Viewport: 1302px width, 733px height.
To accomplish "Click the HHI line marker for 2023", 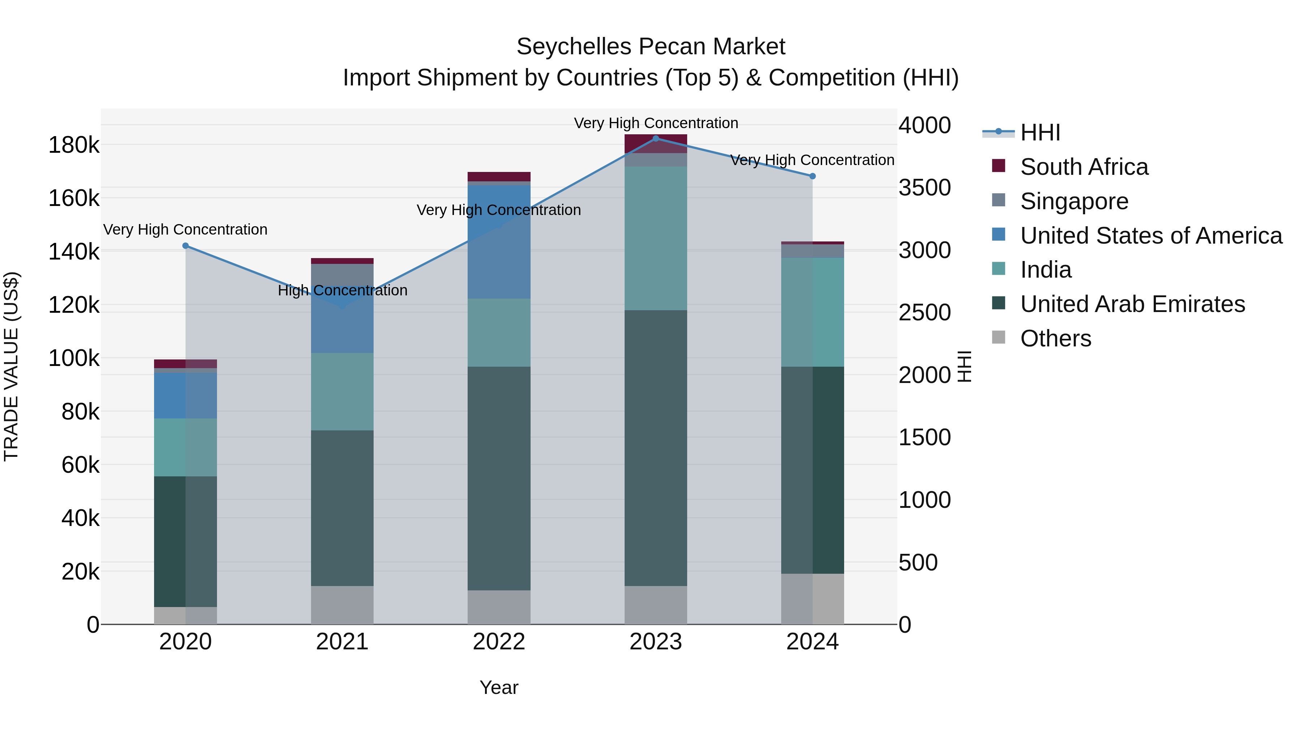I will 656,139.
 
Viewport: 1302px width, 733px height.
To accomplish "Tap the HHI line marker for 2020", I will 186,246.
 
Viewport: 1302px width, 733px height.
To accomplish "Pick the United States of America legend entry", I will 1150,236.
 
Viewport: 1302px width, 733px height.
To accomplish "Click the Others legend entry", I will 1055,338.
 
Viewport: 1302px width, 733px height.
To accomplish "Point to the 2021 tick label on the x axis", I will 342,642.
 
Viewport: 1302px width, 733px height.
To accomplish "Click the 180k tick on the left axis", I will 74,146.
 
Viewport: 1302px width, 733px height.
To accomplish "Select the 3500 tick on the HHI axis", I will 924,188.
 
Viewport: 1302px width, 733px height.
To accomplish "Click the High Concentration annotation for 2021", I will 343,290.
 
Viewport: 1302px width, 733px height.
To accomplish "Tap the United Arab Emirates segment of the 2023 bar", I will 656,448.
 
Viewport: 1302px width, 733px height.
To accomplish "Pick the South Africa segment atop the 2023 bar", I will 656,143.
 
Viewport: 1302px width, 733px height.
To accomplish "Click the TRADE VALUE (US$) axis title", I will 11,366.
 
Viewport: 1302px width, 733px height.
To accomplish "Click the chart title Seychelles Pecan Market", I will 651,47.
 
